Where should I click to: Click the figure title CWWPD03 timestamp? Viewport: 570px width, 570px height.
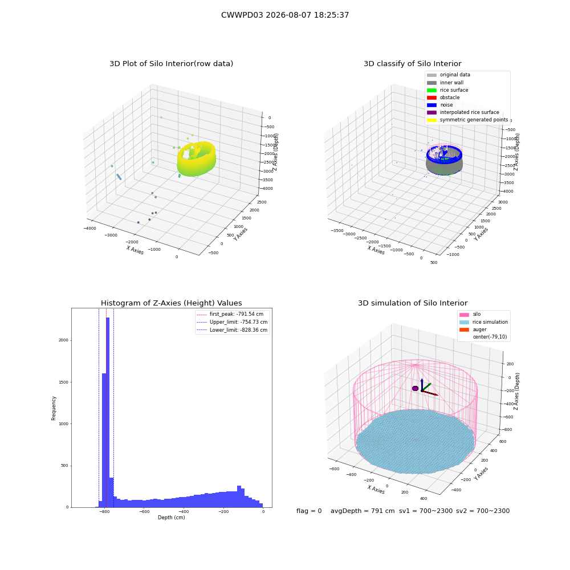[x=285, y=15]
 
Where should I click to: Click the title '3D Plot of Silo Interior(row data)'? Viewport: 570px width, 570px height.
[x=171, y=64]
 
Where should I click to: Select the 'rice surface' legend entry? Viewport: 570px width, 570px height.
[x=447, y=90]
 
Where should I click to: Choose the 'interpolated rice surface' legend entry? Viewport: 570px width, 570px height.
[x=463, y=112]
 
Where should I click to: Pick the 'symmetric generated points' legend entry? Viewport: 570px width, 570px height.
[x=467, y=120]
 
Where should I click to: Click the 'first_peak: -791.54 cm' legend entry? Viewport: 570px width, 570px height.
[x=230, y=314]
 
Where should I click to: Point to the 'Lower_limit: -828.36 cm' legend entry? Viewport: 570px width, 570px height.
[x=232, y=330]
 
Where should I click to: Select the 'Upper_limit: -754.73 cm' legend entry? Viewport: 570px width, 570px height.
[x=232, y=322]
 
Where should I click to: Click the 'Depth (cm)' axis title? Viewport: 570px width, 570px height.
[x=171, y=518]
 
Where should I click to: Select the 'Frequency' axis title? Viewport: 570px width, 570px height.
[x=54, y=408]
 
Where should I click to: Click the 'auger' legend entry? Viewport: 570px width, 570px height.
[x=473, y=329]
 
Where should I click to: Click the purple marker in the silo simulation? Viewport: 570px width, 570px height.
[x=415, y=389]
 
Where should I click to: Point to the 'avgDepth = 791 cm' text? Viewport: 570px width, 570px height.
[x=363, y=511]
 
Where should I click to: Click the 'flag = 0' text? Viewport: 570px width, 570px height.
[x=309, y=511]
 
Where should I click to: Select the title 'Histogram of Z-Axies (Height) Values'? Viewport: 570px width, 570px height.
[x=171, y=303]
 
